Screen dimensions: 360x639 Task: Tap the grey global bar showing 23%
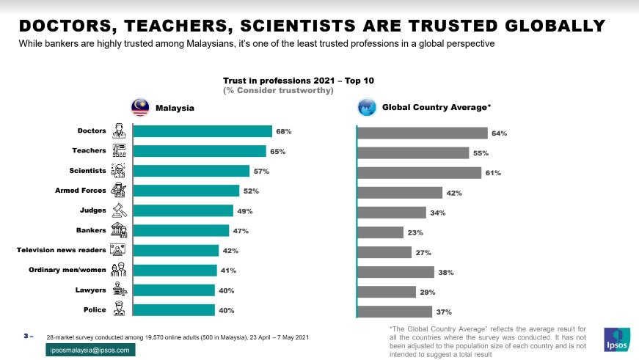pos(380,232)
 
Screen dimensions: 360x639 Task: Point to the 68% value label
pos(284,132)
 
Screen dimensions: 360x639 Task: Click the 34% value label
pos(438,213)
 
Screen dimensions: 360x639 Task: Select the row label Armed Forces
pos(81,191)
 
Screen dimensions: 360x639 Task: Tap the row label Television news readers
pos(62,250)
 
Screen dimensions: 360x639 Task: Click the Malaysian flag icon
pos(140,107)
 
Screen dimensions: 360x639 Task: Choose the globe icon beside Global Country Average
pos(367,107)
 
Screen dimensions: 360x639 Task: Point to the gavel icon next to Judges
pos(118,210)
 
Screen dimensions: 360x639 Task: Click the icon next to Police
pos(118,309)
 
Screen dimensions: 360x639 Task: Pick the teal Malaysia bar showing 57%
pos(191,171)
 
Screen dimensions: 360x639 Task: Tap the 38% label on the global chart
pos(446,273)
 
